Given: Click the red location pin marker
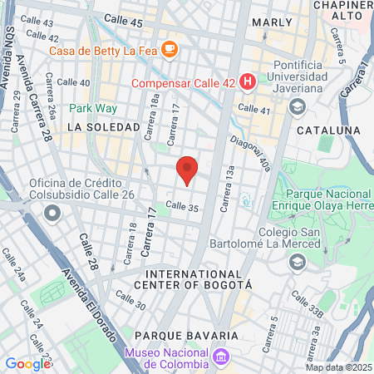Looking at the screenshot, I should pos(187,170).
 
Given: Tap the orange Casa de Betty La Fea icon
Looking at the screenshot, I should pos(170,49).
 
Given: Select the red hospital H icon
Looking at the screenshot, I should pos(247,81).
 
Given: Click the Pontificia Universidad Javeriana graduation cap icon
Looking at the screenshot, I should pos(297,106).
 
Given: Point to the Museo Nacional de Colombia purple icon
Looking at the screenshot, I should pos(220,357).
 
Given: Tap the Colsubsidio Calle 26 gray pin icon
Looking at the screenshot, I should pos(53,213).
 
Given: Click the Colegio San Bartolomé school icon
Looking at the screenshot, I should pos(297,262).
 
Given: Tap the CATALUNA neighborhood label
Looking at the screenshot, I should pos(327,130).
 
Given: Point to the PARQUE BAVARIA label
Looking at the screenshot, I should pos(186,335).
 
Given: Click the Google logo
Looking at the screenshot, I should pos(27,363).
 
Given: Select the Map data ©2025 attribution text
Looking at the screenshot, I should pos(338,367).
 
